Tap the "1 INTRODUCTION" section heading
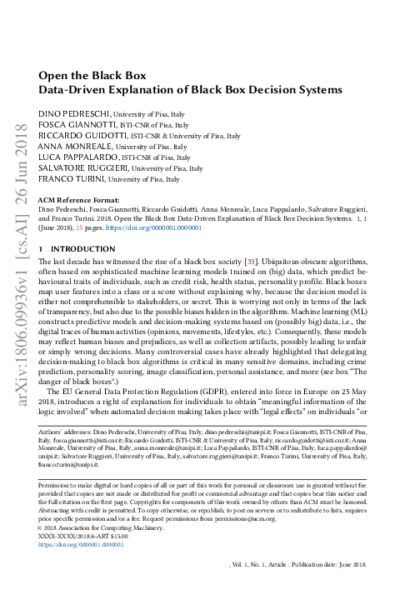(78, 248)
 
